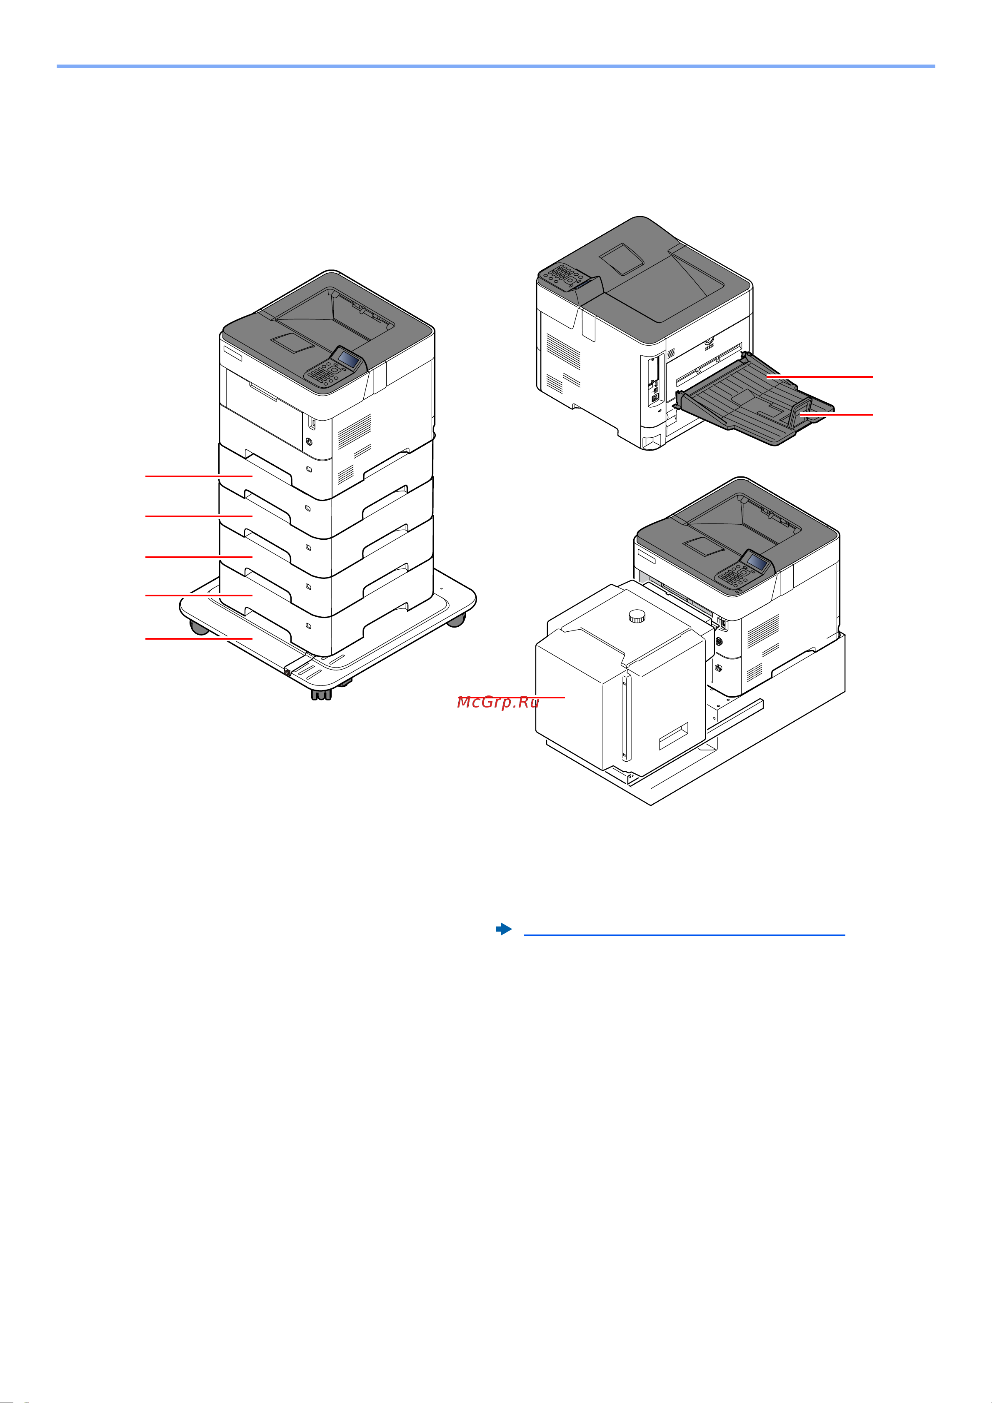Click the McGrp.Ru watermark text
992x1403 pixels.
click(x=498, y=702)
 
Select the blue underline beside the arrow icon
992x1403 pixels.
click(x=685, y=935)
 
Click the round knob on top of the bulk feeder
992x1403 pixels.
click(x=637, y=616)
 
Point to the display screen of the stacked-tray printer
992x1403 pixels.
click(x=348, y=359)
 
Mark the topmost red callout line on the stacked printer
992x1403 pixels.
click(x=199, y=476)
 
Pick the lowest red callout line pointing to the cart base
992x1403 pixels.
click(x=199, y=638)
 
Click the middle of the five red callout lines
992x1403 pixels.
click(x=199, y=557)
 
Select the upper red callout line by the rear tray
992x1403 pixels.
click(x=820, y=376)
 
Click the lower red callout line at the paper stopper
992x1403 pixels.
click(x=836, y=414)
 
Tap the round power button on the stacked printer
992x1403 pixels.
click(x=309, y=441)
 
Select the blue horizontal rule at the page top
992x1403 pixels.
click(x=496, y=66)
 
